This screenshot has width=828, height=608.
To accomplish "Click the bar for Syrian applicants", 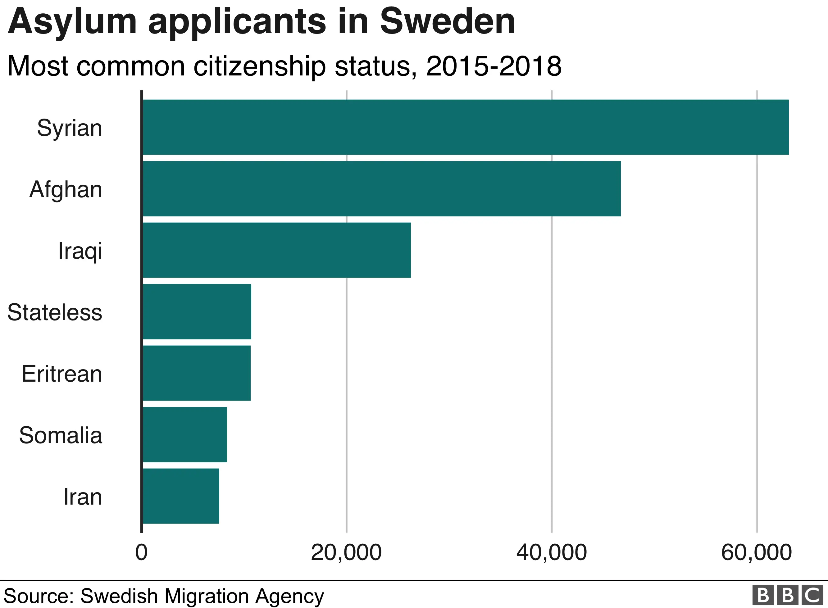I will coord(466,127).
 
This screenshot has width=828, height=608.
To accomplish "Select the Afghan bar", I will coord(382,188).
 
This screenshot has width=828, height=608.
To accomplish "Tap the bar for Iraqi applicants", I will coord(277,250).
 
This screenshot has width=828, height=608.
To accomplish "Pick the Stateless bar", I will coord(197,311).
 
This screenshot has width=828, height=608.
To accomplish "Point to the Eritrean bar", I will coord(197,373).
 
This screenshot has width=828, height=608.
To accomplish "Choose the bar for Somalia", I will coord(185,434).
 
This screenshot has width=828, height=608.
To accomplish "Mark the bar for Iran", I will coord(181,496).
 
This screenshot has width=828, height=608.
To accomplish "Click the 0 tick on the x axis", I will coord(141,553).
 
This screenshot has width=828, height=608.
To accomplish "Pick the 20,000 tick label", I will coord(346,553).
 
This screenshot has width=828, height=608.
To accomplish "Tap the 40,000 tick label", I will coord(551,553).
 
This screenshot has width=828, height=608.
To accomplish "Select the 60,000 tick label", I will coord(756,553).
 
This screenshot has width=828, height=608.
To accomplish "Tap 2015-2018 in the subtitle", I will coord(494,66).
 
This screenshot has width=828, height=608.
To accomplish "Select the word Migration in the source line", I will coord(207,596).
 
